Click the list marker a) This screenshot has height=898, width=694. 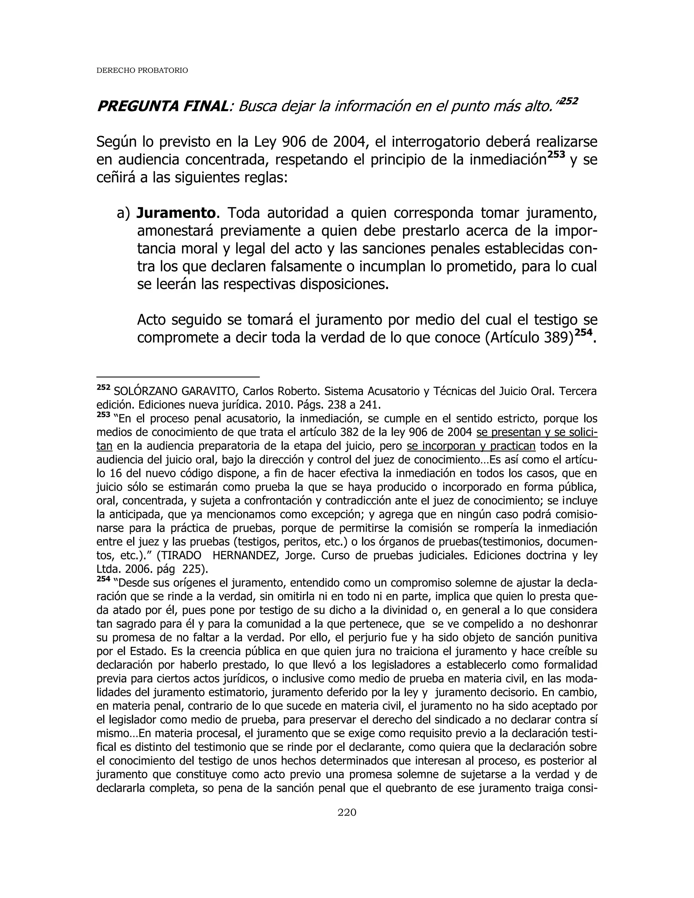pos(123,213)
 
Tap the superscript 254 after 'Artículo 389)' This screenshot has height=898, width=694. pos(584,333)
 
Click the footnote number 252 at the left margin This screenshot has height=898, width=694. pos(103,387)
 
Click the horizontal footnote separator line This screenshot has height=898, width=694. pos(178,376)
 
